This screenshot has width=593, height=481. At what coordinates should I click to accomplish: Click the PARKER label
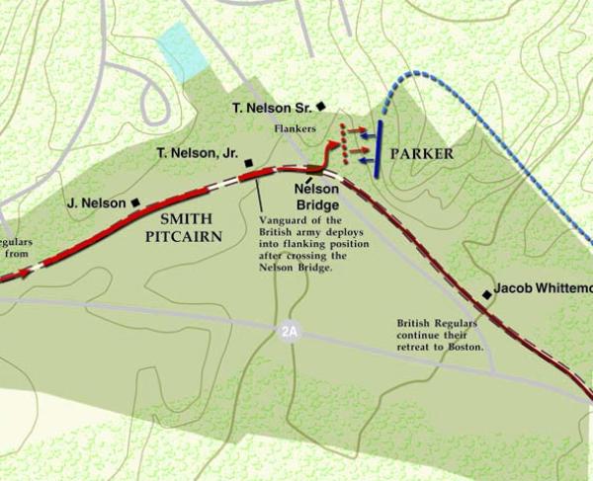pos(422,154)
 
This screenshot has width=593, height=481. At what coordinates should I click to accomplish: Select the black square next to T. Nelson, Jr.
pos(250,163)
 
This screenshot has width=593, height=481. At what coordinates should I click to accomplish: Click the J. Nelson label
pos(97,203)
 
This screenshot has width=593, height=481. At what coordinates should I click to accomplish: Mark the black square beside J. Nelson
pos(135,202)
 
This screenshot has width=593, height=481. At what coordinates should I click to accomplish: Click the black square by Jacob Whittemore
pos(486,294)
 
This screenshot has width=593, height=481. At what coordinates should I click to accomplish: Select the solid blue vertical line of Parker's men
pos(379,147)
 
